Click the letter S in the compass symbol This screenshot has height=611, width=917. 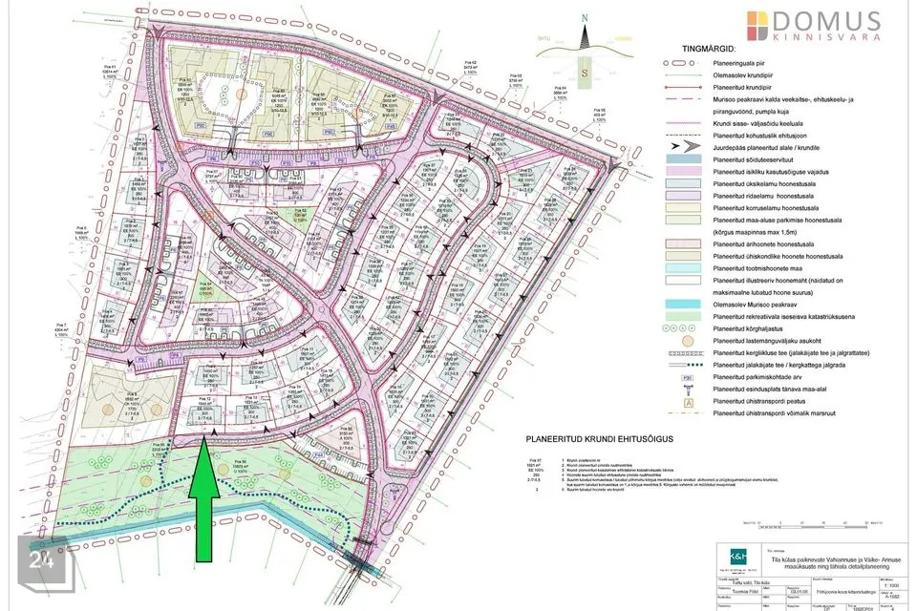coord(582,71)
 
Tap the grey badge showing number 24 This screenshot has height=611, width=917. coord(40,560)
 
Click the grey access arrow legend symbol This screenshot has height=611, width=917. coord(677,149)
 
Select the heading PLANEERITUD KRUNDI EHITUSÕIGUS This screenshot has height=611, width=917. coord(587,437)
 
